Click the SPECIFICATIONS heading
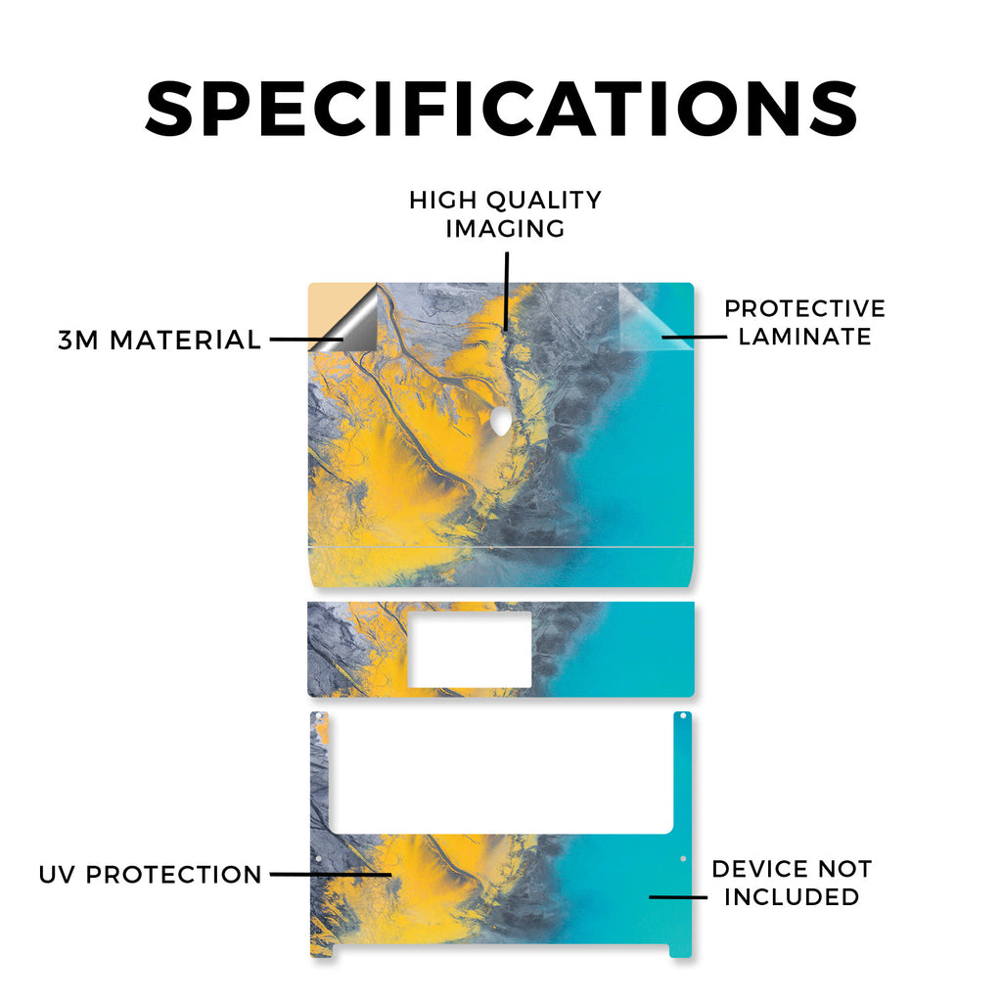[x=502, y=109]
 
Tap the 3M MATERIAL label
[x=159, y=340]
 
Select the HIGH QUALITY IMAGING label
[x=506, y=214]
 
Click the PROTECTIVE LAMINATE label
[x=805, y=322]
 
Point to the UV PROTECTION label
[x=150, y=874]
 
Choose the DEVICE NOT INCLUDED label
[x=793, y=883]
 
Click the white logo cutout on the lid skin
[x=501, y=421]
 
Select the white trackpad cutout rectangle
[x=470, y=650]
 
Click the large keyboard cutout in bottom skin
[x=501, y=772]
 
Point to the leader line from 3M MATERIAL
[x=306, y=340]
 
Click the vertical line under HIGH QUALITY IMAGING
[x=506, y=291]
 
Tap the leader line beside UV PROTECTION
[x=331, y=874]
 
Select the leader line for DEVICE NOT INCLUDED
[x=678, y=897]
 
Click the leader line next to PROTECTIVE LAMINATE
[x=694, y=337]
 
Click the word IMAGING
[x=506, y=229]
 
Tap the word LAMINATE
[x=805, y=337]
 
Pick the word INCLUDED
[x=793, y=896]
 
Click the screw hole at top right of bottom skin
[x=682, y=715]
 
